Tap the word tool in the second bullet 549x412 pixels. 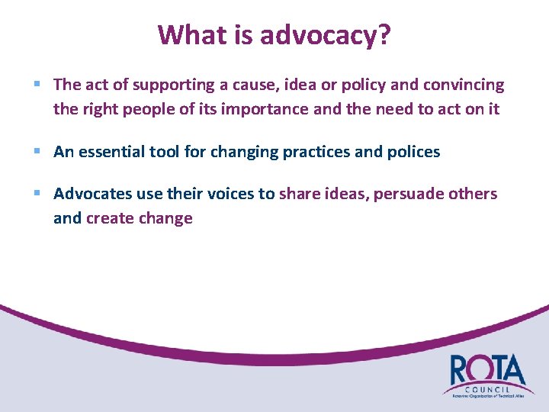click(x=169, y=152)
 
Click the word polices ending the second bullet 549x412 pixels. click(x=413, y=152)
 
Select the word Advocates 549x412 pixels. click(x=92, y=194)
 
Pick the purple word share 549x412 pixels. click(x=300, y=194)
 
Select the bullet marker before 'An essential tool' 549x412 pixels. click(x=37, y=152)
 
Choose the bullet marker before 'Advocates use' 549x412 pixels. click(x=37, y=194)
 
